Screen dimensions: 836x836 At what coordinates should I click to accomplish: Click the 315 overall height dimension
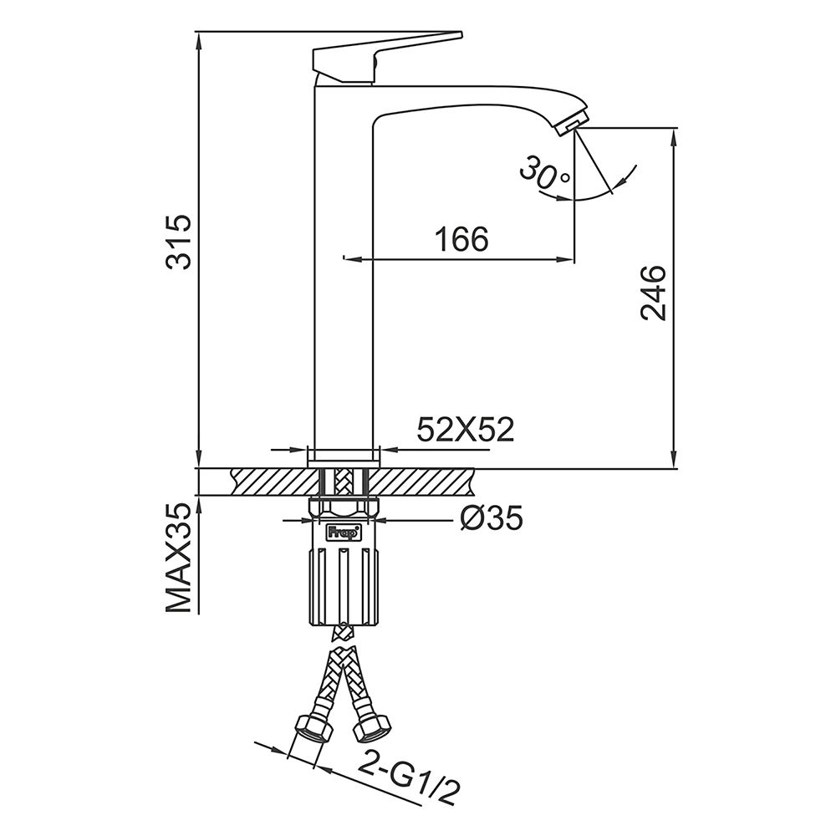(178, 242)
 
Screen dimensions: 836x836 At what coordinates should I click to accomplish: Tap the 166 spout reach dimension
(461, 239)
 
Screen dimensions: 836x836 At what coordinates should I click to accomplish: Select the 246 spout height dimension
(654, 293)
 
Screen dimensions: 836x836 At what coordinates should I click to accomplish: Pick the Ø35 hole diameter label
(491, 517)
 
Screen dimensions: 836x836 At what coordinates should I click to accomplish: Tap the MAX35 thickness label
(178, 558)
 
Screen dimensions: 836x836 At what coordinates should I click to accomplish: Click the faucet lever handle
(384, 57)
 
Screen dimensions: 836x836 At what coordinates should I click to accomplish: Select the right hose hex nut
(373, 728)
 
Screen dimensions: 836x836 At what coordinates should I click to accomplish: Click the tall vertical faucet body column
(344, 267)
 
